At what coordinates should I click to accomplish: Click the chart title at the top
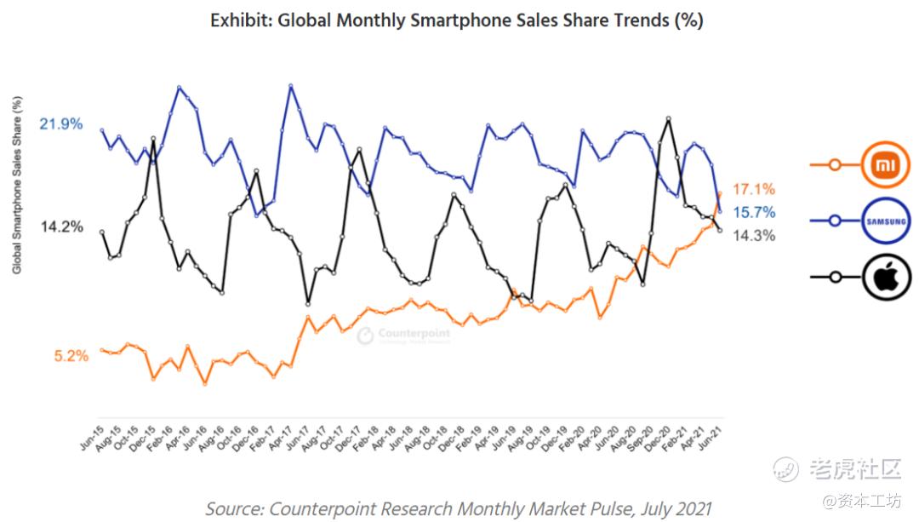(x=457, y=20)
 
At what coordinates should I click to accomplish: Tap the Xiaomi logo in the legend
(x=886, y=164)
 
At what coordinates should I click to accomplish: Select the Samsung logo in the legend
(x=886, y=221)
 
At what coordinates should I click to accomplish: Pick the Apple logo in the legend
(x=886, y=278)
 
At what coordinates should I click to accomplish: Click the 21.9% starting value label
(x=61, y=124)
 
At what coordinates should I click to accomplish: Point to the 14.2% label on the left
(x=61, y=227)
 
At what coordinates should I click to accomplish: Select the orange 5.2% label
(x=71, y=356)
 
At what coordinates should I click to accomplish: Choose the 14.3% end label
(x=754, y=236)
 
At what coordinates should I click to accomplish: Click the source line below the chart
(x=458, y=508)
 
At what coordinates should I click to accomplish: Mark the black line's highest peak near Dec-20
(x=669, y=118)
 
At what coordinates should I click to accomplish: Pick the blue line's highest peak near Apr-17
(x=291, y=85)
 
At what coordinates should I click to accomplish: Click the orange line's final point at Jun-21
(x=720, y=193)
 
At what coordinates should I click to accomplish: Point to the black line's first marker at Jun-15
(x=102, y=232)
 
